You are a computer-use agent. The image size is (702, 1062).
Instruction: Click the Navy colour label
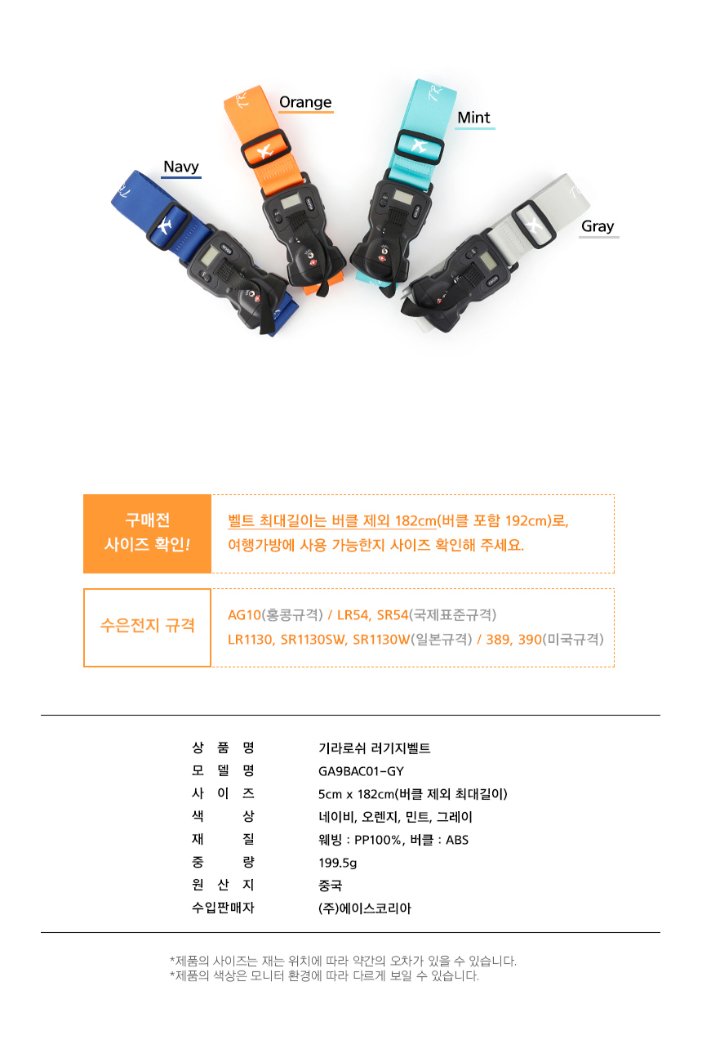[181, 167]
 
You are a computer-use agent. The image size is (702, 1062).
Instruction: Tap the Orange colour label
[305, 102]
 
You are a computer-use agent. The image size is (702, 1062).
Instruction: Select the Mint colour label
[473, 118]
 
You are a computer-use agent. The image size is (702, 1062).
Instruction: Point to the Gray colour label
[598, 226]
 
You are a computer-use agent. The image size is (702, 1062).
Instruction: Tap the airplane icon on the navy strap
[164, 225]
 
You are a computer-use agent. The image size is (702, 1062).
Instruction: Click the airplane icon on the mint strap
[419, 145]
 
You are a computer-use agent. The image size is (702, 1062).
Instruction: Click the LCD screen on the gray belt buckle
[487, 260]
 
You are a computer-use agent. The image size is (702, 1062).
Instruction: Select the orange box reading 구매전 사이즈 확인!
[147, 533]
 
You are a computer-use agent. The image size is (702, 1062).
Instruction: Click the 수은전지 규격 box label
[147, 626]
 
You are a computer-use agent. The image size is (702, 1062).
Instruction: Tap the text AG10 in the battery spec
[244, 615]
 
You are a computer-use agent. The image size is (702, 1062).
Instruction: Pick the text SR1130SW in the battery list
[313, 640]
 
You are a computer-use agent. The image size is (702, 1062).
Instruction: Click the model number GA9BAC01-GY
[361, 771]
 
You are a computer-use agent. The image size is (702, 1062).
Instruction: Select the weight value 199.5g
[337, 863]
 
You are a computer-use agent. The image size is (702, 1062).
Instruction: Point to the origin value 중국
[330, 886]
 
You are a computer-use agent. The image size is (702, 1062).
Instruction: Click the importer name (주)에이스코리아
[365, 908]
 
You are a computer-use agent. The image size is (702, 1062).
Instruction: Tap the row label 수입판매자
[223, 908]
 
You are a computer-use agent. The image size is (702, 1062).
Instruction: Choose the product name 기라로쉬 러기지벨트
[374, 748]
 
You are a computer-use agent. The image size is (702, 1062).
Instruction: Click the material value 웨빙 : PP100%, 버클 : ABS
[393, 840]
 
